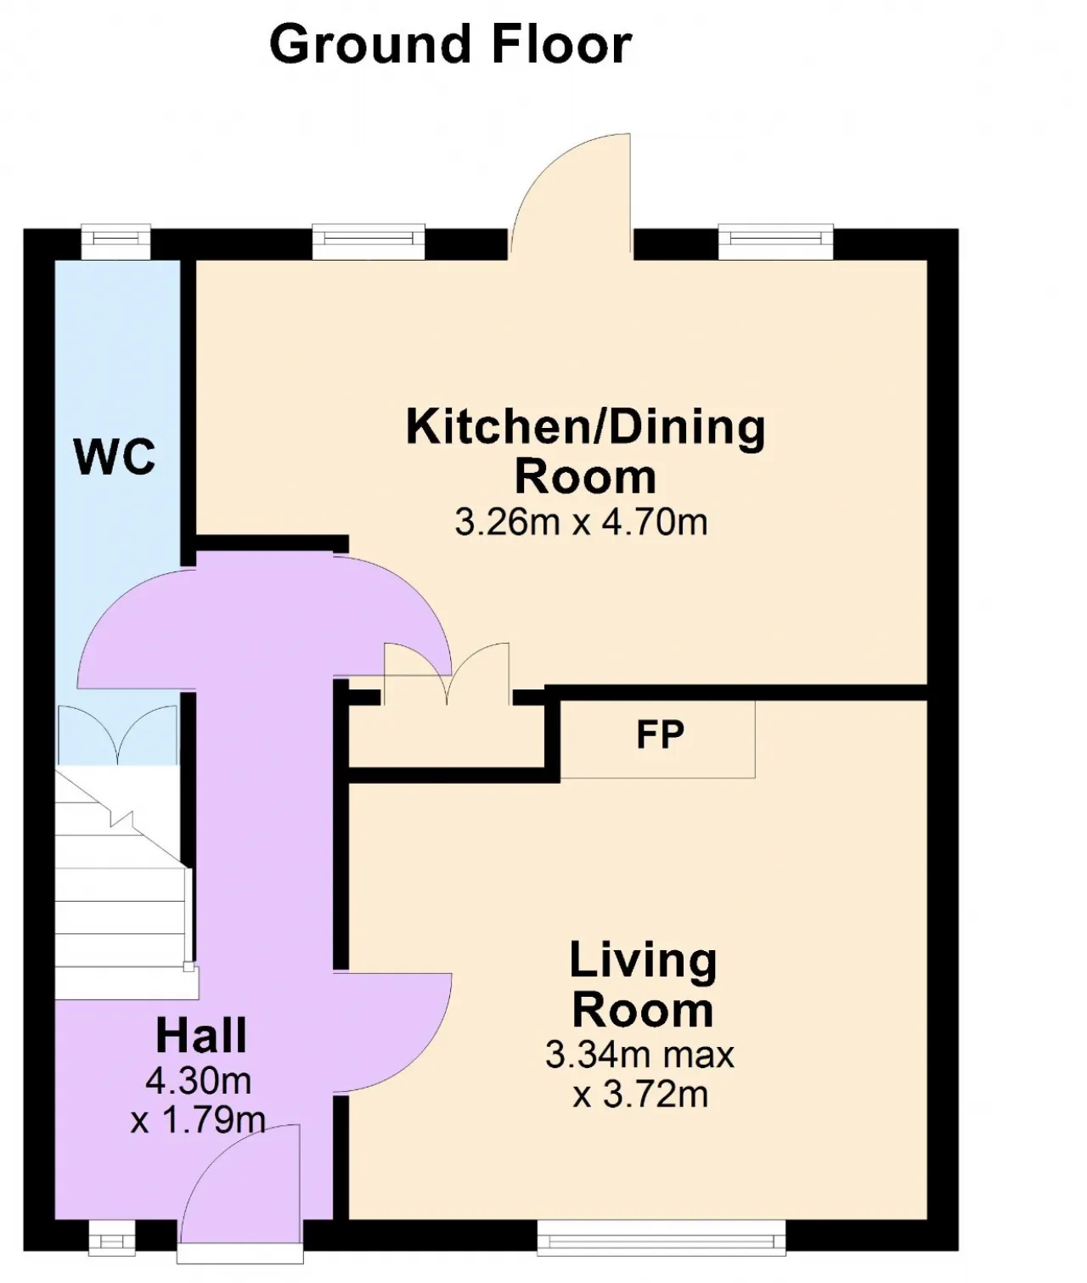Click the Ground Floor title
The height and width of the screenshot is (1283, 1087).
pyautogui.click(x=451, y=45)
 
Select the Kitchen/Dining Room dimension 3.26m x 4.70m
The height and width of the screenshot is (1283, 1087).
pyautogui.click(x=581, y=522)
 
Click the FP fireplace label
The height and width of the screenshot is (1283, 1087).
pyautogui.click(x=660, y=734)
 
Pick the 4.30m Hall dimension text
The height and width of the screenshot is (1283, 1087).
pyautogui.click(x=199, y=1081)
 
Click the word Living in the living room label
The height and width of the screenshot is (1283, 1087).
pyautogui.click(x=643, y=961)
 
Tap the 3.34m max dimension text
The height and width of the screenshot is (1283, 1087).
pyautogui.click(x=639, y=1055)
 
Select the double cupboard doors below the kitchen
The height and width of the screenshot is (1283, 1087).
pyautogui.click(x=447, y=674)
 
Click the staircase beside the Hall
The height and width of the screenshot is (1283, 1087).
pyautogui.click(x=121, y=882)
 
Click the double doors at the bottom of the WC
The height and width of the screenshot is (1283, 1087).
pyautogui.click(x=117, y=734)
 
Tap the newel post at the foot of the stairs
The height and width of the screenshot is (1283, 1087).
pyautogui.click(x=188, y=966)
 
